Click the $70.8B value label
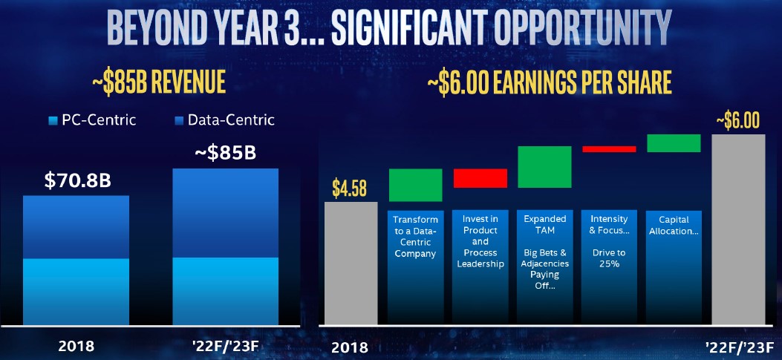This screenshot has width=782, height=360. (x=77, y=181)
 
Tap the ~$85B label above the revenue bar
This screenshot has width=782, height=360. (x=225, y=153)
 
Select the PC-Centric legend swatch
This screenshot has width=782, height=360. (x=53, y=121)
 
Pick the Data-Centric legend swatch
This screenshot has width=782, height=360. (x=179, y=121)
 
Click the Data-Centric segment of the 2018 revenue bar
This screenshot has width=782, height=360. (x=76, y=227)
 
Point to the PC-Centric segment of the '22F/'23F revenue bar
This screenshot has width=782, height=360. (x=226, y=292)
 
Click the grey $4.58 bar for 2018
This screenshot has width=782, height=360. (x=351, y=264)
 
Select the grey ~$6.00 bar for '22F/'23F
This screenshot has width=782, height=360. (x=738, y=230)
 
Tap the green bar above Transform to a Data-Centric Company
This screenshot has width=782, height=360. (x=415, y=185)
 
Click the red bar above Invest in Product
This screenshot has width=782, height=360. (x=480, y=178)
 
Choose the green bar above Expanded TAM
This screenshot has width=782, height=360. (x=544, y=166)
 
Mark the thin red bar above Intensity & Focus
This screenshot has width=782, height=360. (x=610, y=149)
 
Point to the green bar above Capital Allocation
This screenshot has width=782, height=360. (x=674, y=143)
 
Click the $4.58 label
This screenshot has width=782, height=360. (x=350, y=189)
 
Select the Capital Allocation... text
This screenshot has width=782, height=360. (x=674, y=226)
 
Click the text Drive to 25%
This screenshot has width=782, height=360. (x=609, y=258)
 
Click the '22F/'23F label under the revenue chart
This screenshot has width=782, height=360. (x=227, y=346)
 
